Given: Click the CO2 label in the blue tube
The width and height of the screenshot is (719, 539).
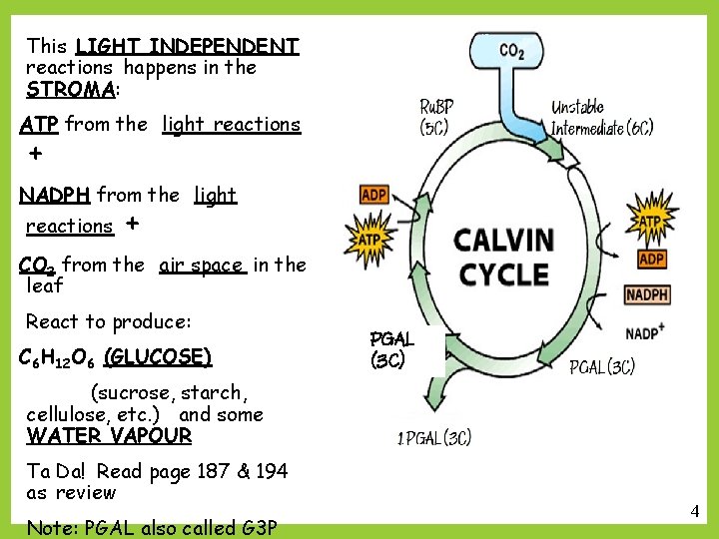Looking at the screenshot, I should pyautogui.click(x=511, y=51).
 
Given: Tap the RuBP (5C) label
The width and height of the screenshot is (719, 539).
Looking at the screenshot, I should pyautogui.click(x=435, y=117).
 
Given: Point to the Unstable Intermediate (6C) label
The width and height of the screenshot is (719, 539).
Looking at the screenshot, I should pyautogui.click(x=602, y=117).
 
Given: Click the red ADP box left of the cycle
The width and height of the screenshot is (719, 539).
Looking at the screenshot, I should pyautogui.click(x=374, y=196).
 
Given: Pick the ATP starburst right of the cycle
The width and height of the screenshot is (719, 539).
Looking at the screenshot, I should pyautogui.click(x=650, y=219).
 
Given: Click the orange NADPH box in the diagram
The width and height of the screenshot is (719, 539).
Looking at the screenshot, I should pyautogui.click(x=647, y=294).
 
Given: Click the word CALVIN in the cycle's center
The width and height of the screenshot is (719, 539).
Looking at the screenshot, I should pyautogui.click(x=504, y=241).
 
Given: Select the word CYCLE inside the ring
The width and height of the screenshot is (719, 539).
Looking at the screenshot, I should pyautogui.click(x=504, y=273).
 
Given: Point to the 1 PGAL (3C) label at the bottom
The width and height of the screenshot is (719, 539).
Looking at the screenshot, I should pyautogui.click(x=434, y=437).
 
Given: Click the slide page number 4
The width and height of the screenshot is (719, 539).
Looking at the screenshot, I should pyautogui.click(x=694, y=511).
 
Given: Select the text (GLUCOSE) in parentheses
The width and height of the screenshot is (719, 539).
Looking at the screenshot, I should pyautogui.click(x=158, y=356).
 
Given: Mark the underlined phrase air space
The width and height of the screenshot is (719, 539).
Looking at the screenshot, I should pyautogui.click(x=201, y=266).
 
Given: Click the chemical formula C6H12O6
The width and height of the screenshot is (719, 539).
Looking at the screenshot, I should pyautogui.click(x=58, y=357).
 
